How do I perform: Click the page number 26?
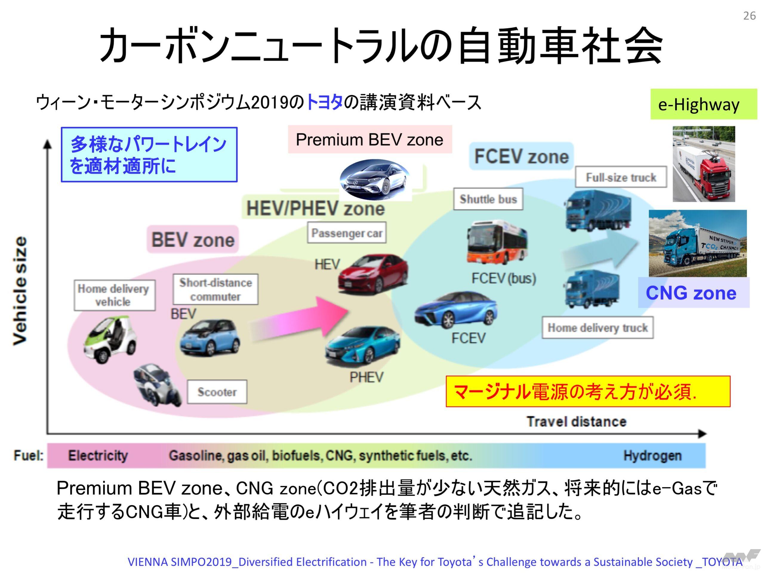tap(749, 16)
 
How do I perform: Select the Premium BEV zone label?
tap(369, 140)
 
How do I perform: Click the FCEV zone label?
tap(521, 156)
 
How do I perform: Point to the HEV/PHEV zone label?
tap(315, 209)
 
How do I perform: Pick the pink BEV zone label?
tap(193, 240)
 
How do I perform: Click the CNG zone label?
tap(691, 293)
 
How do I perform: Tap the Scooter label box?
tap(217, 392)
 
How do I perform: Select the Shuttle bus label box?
tap(488, 199)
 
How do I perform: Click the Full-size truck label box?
tap(621, 178)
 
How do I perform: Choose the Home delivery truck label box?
tap(597, 327)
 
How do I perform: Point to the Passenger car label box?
tap(347, 233)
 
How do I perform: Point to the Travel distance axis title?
tap(576, 422)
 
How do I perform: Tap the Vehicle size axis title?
tap(20, 290)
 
